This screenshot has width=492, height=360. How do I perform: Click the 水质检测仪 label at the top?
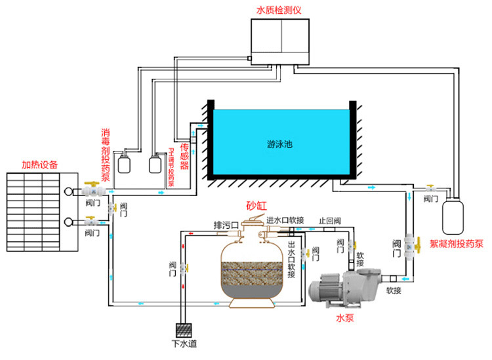[280, 10]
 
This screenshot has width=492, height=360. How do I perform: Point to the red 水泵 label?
[346, 319]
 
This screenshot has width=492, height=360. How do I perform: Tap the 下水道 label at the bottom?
[184, 344]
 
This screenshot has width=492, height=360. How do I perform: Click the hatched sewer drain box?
[184, 330]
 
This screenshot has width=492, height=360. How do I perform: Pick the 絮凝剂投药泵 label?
[457, 243]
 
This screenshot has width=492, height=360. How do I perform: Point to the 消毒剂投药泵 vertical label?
[106, 152]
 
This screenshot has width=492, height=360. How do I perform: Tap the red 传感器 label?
[184, 155]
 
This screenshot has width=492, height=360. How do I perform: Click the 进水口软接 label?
[285, 220]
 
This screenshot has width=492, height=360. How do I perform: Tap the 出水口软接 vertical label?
[291, 260]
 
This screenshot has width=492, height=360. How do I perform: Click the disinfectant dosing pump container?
[124, 162]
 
